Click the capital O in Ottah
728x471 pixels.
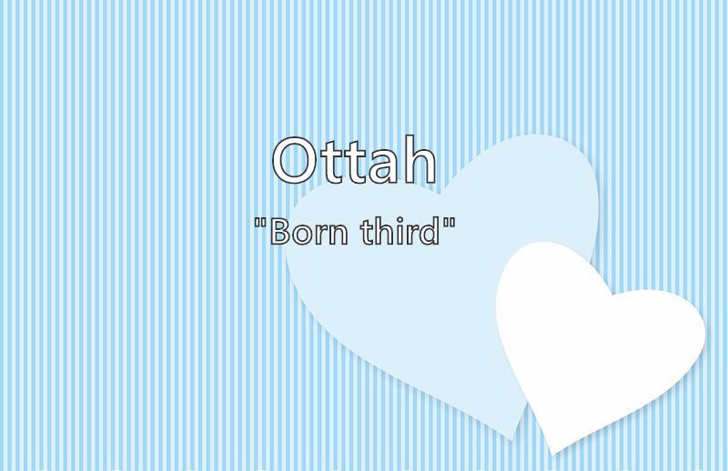tap(294, 161)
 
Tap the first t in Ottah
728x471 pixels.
tap(331, 164)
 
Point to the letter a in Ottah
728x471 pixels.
tap(384, 168)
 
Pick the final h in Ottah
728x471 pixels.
tap(420, 159)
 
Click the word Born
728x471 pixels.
tap(308, 232)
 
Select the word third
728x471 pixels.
tap(399, 231)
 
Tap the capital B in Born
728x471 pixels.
tap(279, 232)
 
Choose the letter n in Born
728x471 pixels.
tap(338, 235)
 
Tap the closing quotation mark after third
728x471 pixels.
tap(449, 224)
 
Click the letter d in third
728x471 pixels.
tap(430, 231)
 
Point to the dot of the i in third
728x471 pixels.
tap(399, 220)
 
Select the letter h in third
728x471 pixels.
tap(383, 231)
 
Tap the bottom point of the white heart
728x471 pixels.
tap(552, 455)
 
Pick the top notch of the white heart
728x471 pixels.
tap(612, 295)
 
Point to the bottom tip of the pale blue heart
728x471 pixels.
tap(512, 440)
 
